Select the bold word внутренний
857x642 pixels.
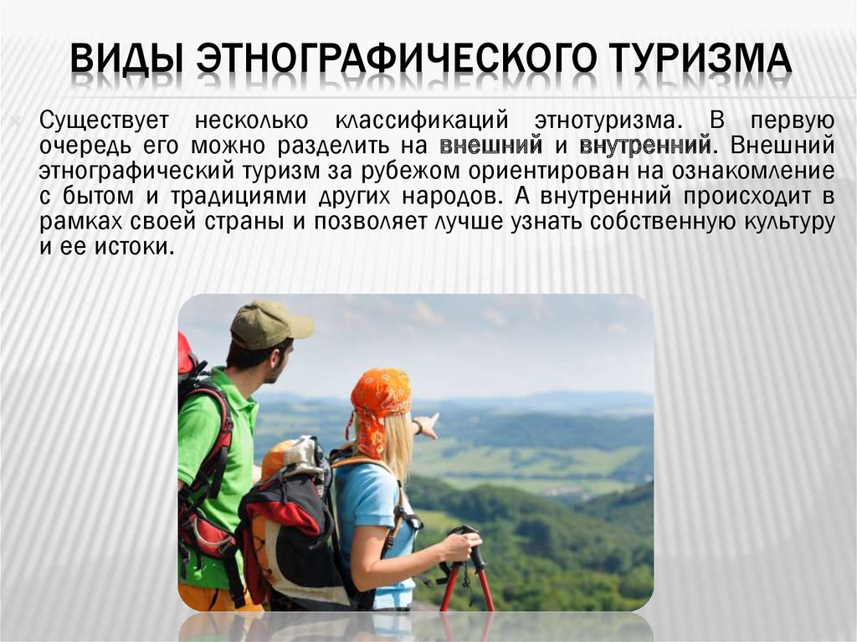[644, 145]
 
